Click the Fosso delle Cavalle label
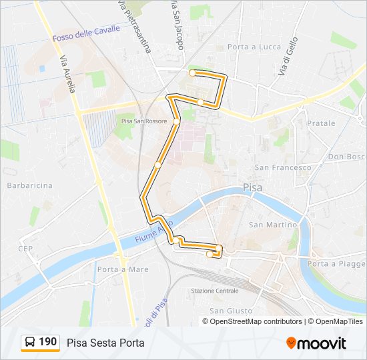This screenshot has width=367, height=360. point(87,34)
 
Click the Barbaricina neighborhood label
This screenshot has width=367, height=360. point(29,185)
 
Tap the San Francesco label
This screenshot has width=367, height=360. point(283,167)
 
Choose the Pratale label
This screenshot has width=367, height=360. point(321,123)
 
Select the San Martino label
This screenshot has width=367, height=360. point(272,225)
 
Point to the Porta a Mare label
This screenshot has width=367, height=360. point(122,269)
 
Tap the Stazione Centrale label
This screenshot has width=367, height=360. point(214,291)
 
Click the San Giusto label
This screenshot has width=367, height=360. point(231,311)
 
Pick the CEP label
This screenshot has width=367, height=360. point(26,248)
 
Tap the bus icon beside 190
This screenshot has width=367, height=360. point(30,343)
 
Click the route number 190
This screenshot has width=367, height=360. point(48,343)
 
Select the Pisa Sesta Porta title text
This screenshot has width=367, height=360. point(105,343)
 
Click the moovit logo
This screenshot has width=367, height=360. point(316,343)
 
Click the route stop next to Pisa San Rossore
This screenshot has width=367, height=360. point(176,121)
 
